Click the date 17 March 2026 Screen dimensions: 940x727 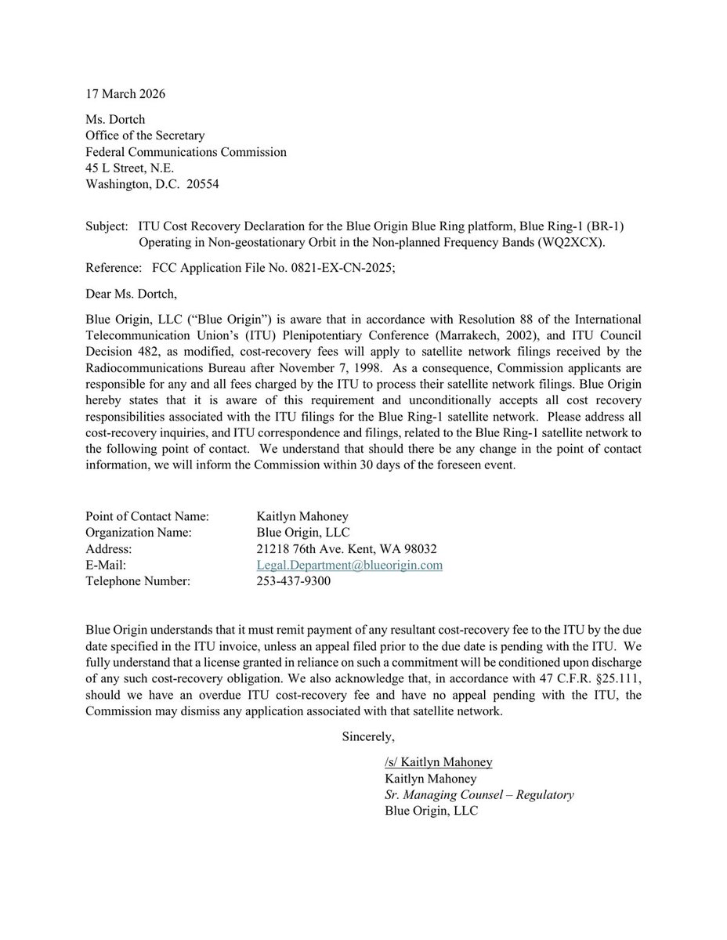click(125, 94)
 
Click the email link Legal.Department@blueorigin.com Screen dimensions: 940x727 click(349, 565)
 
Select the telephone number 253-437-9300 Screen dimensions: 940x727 click(293, 581)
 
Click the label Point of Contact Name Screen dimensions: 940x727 click(147, 516)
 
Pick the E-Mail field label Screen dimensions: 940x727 click(106, 565)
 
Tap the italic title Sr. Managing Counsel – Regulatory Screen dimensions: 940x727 click(479, 795)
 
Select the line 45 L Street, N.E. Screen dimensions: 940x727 click(130, 168)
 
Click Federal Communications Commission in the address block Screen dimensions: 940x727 click(186, 152)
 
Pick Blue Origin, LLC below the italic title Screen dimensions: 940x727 click(431, 812)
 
